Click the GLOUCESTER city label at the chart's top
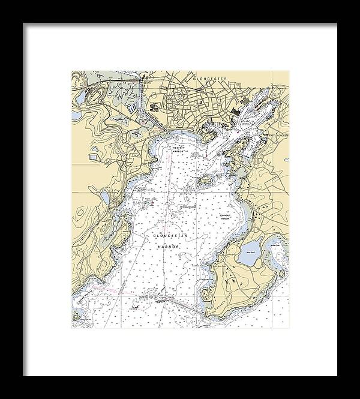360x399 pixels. click(x=211, y=77)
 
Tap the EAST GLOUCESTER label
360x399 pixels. click(x=278, y=136)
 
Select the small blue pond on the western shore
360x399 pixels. click(x=106, y=198)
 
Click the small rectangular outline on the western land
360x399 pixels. click(x=95, y=158)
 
